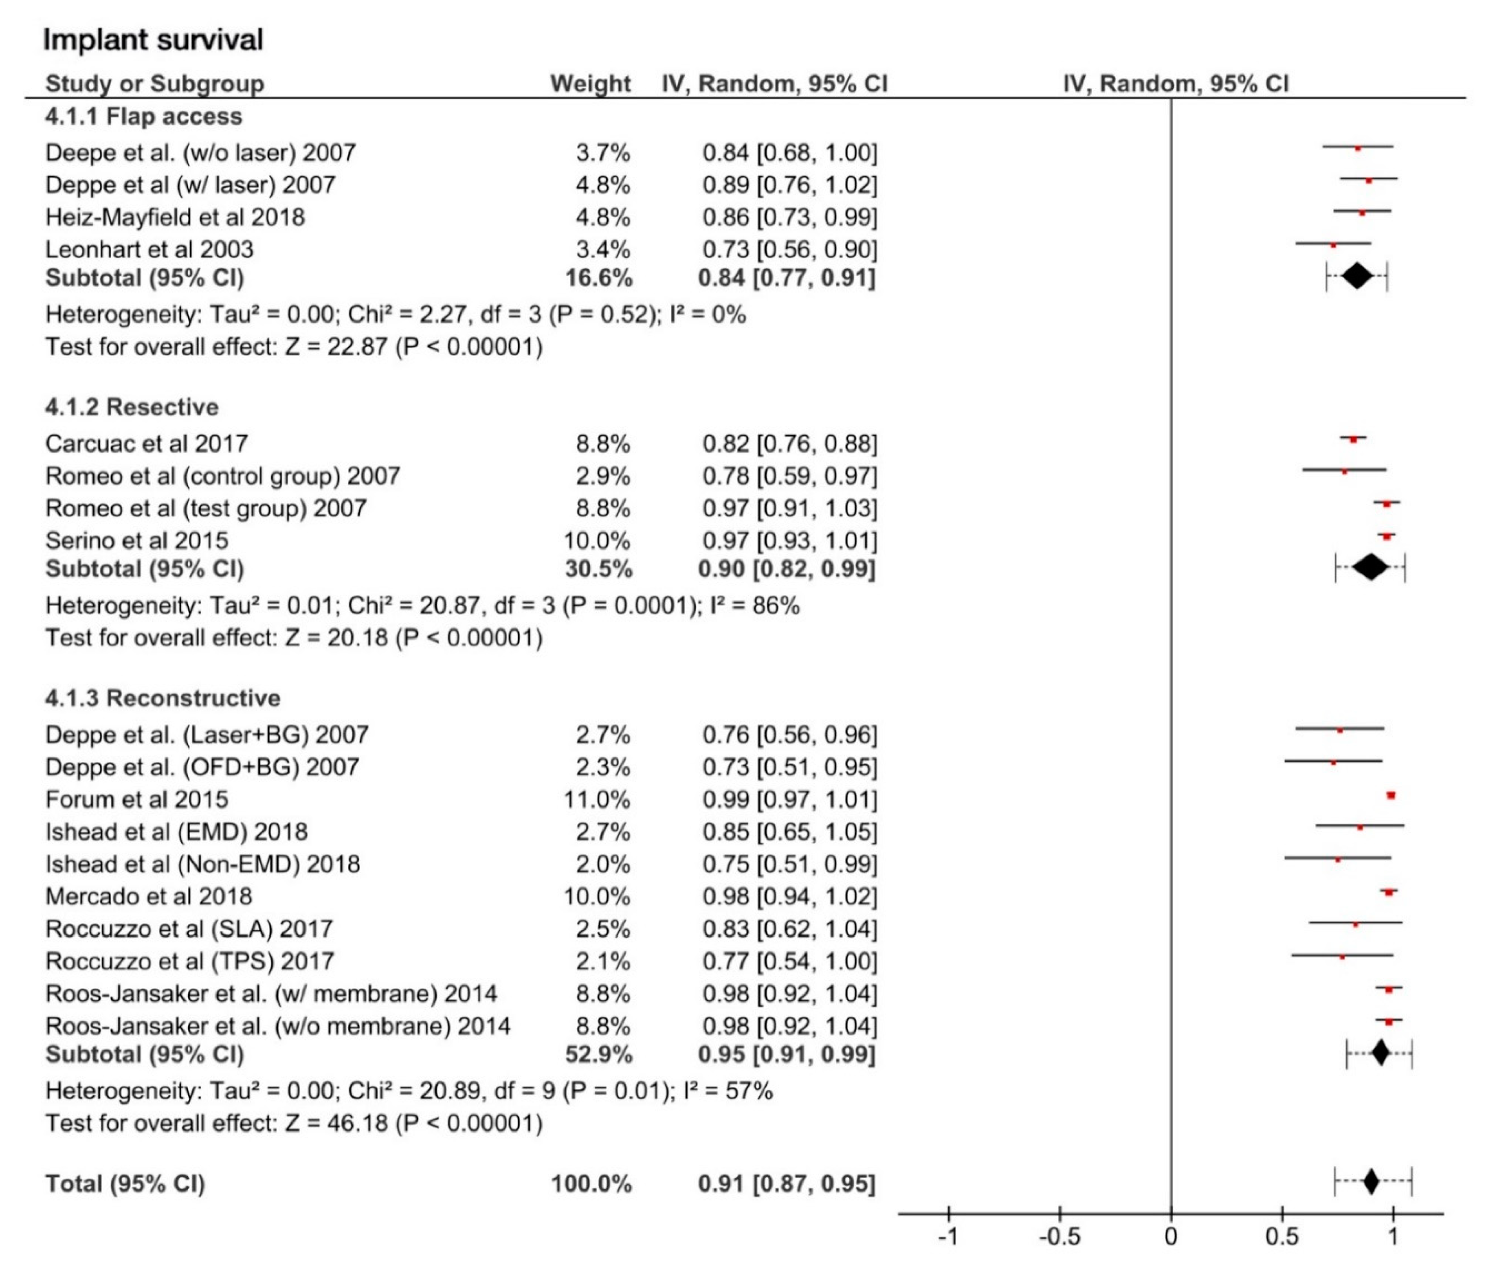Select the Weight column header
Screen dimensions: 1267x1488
click(x=590, y=84)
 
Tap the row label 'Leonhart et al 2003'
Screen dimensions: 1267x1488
click(x=149, y=249)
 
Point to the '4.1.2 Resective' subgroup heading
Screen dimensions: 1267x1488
click(x=132, y=407)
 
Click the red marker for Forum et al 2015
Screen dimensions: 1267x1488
click(x=1391, y=795)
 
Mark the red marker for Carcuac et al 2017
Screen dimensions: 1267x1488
click(x=1354, y=439)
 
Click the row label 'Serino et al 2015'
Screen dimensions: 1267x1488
click(x=136, y=540)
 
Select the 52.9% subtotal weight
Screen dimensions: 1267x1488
click(x=598, y=1054)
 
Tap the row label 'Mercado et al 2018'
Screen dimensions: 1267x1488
click(x=149, y=896)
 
